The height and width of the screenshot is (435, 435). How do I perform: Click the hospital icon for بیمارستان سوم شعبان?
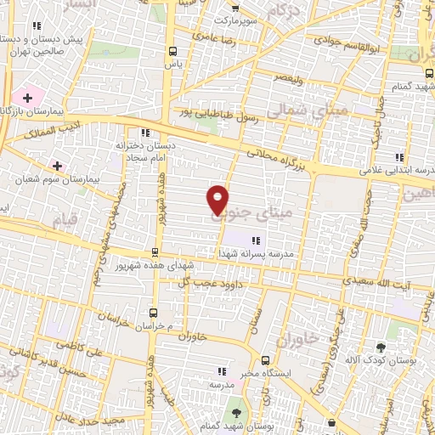click(x=57, y=165)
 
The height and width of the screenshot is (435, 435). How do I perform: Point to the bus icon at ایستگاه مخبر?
click(x=265, y=360)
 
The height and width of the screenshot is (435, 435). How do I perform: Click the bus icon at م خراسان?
click(x=154, y=312)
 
